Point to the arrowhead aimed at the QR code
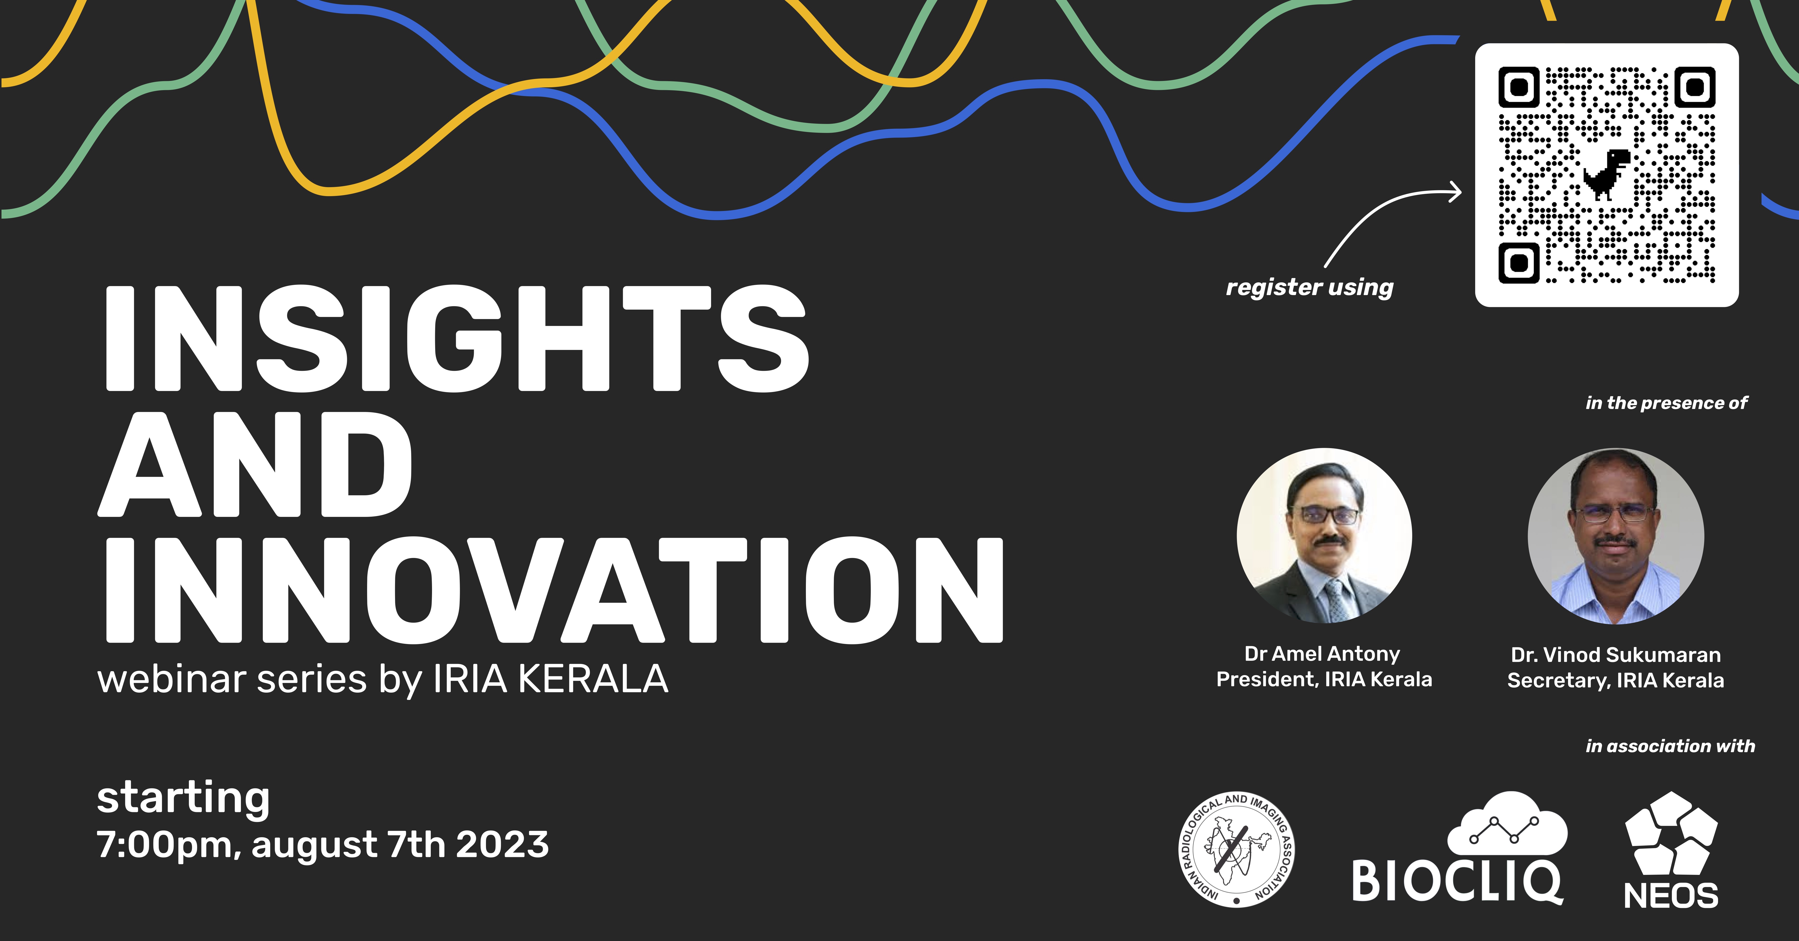click(1455, 191)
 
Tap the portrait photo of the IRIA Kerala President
click(1324, 535)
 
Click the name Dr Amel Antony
click(1322, 654)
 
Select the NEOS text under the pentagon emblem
click(1670, 896)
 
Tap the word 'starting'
click(183, 798)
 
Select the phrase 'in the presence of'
click(1666, 403)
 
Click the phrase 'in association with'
click(1670, 746)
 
